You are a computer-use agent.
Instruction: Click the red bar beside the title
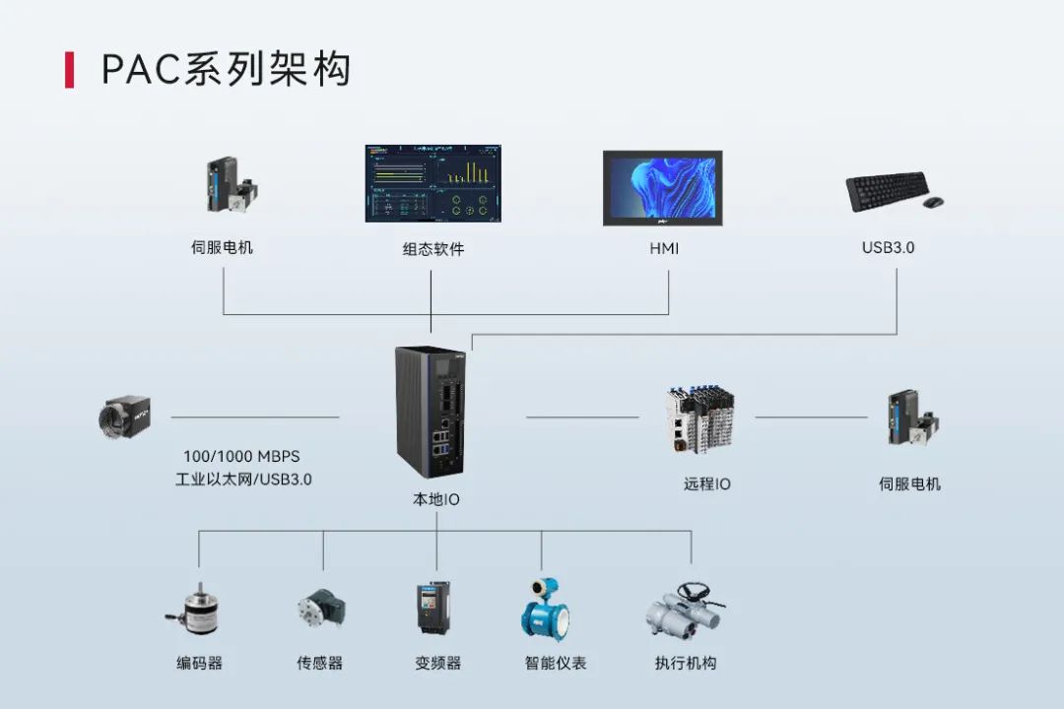(69, 70)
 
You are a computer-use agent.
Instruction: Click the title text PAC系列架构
(226, 70)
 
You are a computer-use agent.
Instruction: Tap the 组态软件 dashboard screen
(432, 183)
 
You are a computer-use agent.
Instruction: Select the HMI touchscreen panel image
(662, 188)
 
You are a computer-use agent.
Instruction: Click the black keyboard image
(888, 191)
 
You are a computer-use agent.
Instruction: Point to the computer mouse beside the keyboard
(932, 202)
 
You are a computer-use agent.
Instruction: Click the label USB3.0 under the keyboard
(888, 247)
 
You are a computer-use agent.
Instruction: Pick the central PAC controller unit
(430, 411)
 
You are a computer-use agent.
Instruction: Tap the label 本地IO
(435, 500)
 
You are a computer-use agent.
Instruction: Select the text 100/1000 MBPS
(241, 457)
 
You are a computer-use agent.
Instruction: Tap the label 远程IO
(707, 484)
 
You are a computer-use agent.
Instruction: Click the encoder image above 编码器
(193, 612)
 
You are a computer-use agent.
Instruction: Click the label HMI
(663, 249)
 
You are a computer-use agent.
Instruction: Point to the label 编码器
(200, 664)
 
